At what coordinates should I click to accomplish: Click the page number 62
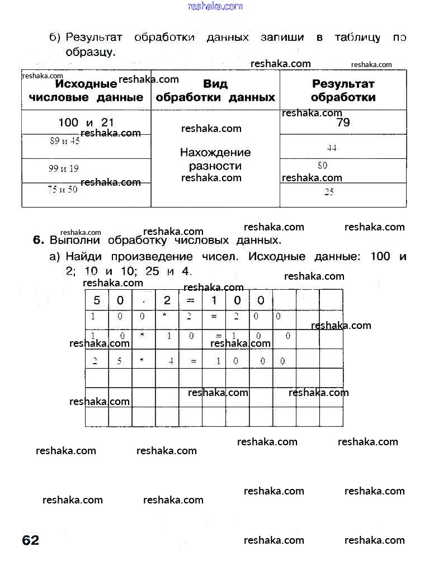pyautogui.click(x=31, y=540)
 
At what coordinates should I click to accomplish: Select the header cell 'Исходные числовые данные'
pyautogui.click(x=86, y=91)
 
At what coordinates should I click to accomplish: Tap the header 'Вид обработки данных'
pyautogui.click(x=215, y=91)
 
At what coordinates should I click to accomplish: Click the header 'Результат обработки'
pyautogui.click(x=343, y=91)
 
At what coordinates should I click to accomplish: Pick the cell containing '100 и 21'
pyautogui.click(x=86, y=122)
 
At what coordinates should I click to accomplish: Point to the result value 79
pyautogui.click(x=343, y=123)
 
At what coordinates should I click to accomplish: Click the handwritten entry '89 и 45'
pyautogui.click(x=65, y=142)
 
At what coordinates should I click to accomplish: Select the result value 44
pyautogui.click(x=331, y=148)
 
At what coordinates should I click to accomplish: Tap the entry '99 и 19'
pyautogui.click(x=64, y=168)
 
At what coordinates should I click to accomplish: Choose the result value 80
pyautogui.click(x=322, y=166)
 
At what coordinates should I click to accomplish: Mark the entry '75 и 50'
pyautogui.click(x=63, y=190)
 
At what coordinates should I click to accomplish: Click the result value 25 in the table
pyautogui.click(x=329, y=192)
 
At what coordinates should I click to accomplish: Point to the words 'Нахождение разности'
pyautogui.click(x=215, y=159)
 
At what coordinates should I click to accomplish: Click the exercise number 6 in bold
pyautogui.click(x=38, y=241)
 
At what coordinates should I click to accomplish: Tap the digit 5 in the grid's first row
pyautogui.click(x=97, y=300)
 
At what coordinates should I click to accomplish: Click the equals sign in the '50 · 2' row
pyautogui.click(x=191, y=300)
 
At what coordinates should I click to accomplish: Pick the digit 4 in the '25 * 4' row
pyautogui.click(x=171, y=361)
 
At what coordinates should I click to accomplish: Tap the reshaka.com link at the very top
pyautogui.click(x=215, y=6)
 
